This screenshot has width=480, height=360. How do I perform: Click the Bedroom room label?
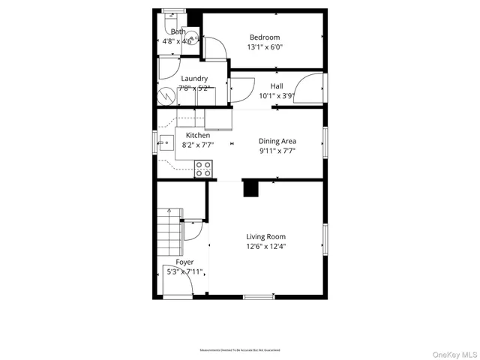tap(264, 37)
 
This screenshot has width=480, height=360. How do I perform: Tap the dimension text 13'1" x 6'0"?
tap(264, 47)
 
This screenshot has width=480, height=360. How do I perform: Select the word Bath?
tap(178, 31)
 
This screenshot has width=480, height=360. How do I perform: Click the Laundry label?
tap(193, 79)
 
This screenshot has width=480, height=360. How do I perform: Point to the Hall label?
tap(277, 86)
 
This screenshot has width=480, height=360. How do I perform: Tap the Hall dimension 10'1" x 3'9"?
tap(277, 96)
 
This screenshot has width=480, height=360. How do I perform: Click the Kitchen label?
tap(187, 136)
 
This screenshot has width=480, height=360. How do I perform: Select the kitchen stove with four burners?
tap(203, 169)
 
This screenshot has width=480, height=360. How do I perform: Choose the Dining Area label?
tap(277, 141)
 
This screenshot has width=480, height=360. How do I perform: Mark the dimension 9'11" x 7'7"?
tap(277, 151)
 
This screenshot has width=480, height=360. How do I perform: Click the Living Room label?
tap(265, 236)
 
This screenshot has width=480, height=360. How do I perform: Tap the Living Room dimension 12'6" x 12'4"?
tap(265, 246)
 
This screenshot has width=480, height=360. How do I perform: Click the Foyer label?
tap(184, 262)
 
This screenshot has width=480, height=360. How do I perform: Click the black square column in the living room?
tap(251, 189)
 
